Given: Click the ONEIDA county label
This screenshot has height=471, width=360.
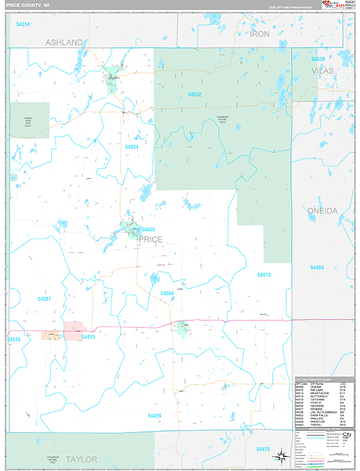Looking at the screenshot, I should tap(322, 211).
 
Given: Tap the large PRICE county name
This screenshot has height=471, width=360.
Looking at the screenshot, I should tap(150, 240).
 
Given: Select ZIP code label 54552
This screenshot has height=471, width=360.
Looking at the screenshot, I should tap(195, 94).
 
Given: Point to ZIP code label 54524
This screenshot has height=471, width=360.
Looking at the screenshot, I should tap(132, 147).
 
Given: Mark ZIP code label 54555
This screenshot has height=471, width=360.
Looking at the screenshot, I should tap(148, 229).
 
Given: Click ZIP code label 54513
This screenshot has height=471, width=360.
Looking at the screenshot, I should tap(264, 275).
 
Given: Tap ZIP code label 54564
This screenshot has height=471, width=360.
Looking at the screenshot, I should tap(317, 268).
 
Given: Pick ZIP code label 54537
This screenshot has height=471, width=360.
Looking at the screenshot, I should tap(44, 299).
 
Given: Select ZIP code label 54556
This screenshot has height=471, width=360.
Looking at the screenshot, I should tap(166, 293).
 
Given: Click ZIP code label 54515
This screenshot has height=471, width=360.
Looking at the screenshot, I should tap(88, 337).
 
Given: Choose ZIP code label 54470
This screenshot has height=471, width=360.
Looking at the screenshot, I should tap(262, 448).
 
